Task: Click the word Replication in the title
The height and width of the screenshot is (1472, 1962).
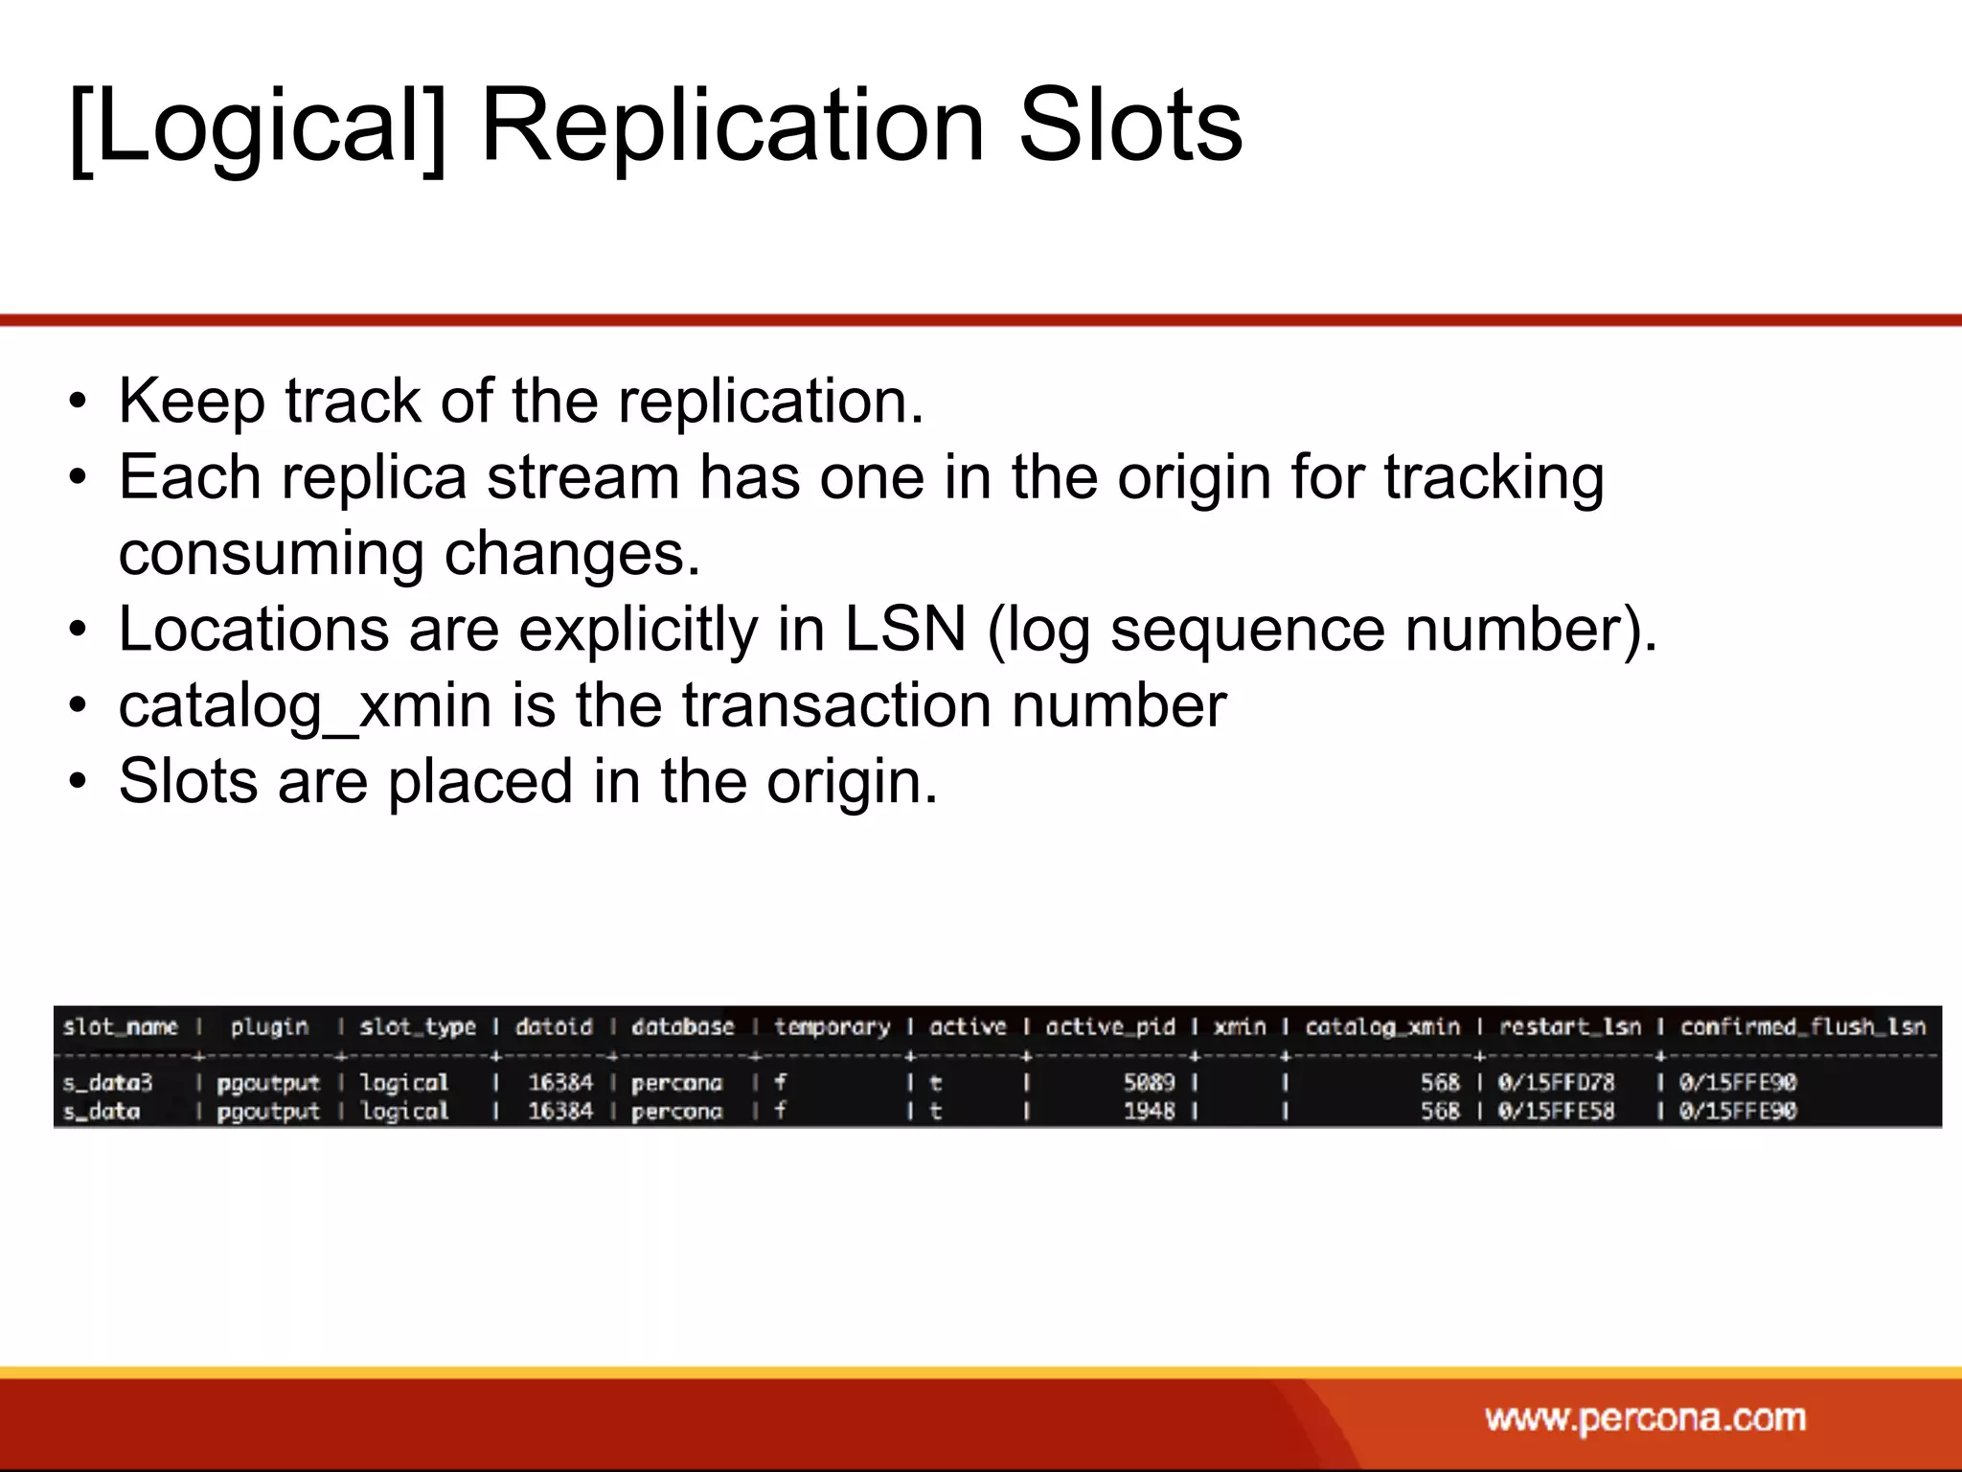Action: tap(732, 126)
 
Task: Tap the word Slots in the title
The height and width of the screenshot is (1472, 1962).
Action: tap(1129, 126)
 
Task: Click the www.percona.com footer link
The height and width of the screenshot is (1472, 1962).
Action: tap(1645, 1417)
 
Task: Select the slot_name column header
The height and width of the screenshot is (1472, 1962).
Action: tap(121, 1027)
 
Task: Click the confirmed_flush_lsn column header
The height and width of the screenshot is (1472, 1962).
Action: tap(1802, 1027)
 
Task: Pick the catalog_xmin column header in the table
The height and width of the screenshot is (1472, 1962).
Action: tap(1382, 1027)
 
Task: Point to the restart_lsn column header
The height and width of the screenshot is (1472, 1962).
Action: tap(1569, 1027)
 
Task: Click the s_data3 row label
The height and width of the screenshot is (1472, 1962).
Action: tap(107, 1083)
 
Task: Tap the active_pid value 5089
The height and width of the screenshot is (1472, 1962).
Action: tap(1149, 1083)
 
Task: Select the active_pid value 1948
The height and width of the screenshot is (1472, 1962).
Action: tap(1149, 1112)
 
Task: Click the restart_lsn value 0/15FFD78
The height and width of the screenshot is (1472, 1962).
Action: tap(1556, 1083)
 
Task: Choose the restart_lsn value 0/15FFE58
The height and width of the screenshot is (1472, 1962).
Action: tap(1556, 1112)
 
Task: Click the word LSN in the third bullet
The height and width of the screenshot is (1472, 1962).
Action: tap(904, 630)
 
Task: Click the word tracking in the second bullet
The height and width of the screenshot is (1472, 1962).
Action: tap(1494, 477)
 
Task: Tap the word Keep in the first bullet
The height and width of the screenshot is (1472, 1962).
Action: tap(192, 401)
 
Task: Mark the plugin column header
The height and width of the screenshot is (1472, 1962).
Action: tap(269, 1027)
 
